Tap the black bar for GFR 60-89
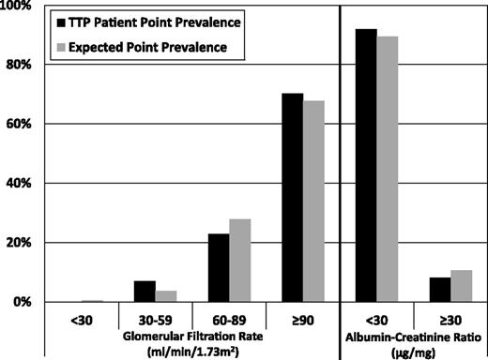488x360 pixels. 218,268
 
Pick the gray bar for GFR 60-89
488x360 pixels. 240,261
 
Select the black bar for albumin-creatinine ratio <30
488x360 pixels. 365,166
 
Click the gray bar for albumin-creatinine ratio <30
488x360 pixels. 389,170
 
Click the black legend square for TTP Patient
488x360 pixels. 61,22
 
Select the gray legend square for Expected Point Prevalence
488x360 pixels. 61,45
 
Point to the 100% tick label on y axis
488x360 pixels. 19,7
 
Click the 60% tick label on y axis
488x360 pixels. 21,124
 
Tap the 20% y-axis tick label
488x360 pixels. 21,243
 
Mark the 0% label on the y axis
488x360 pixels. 23,302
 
